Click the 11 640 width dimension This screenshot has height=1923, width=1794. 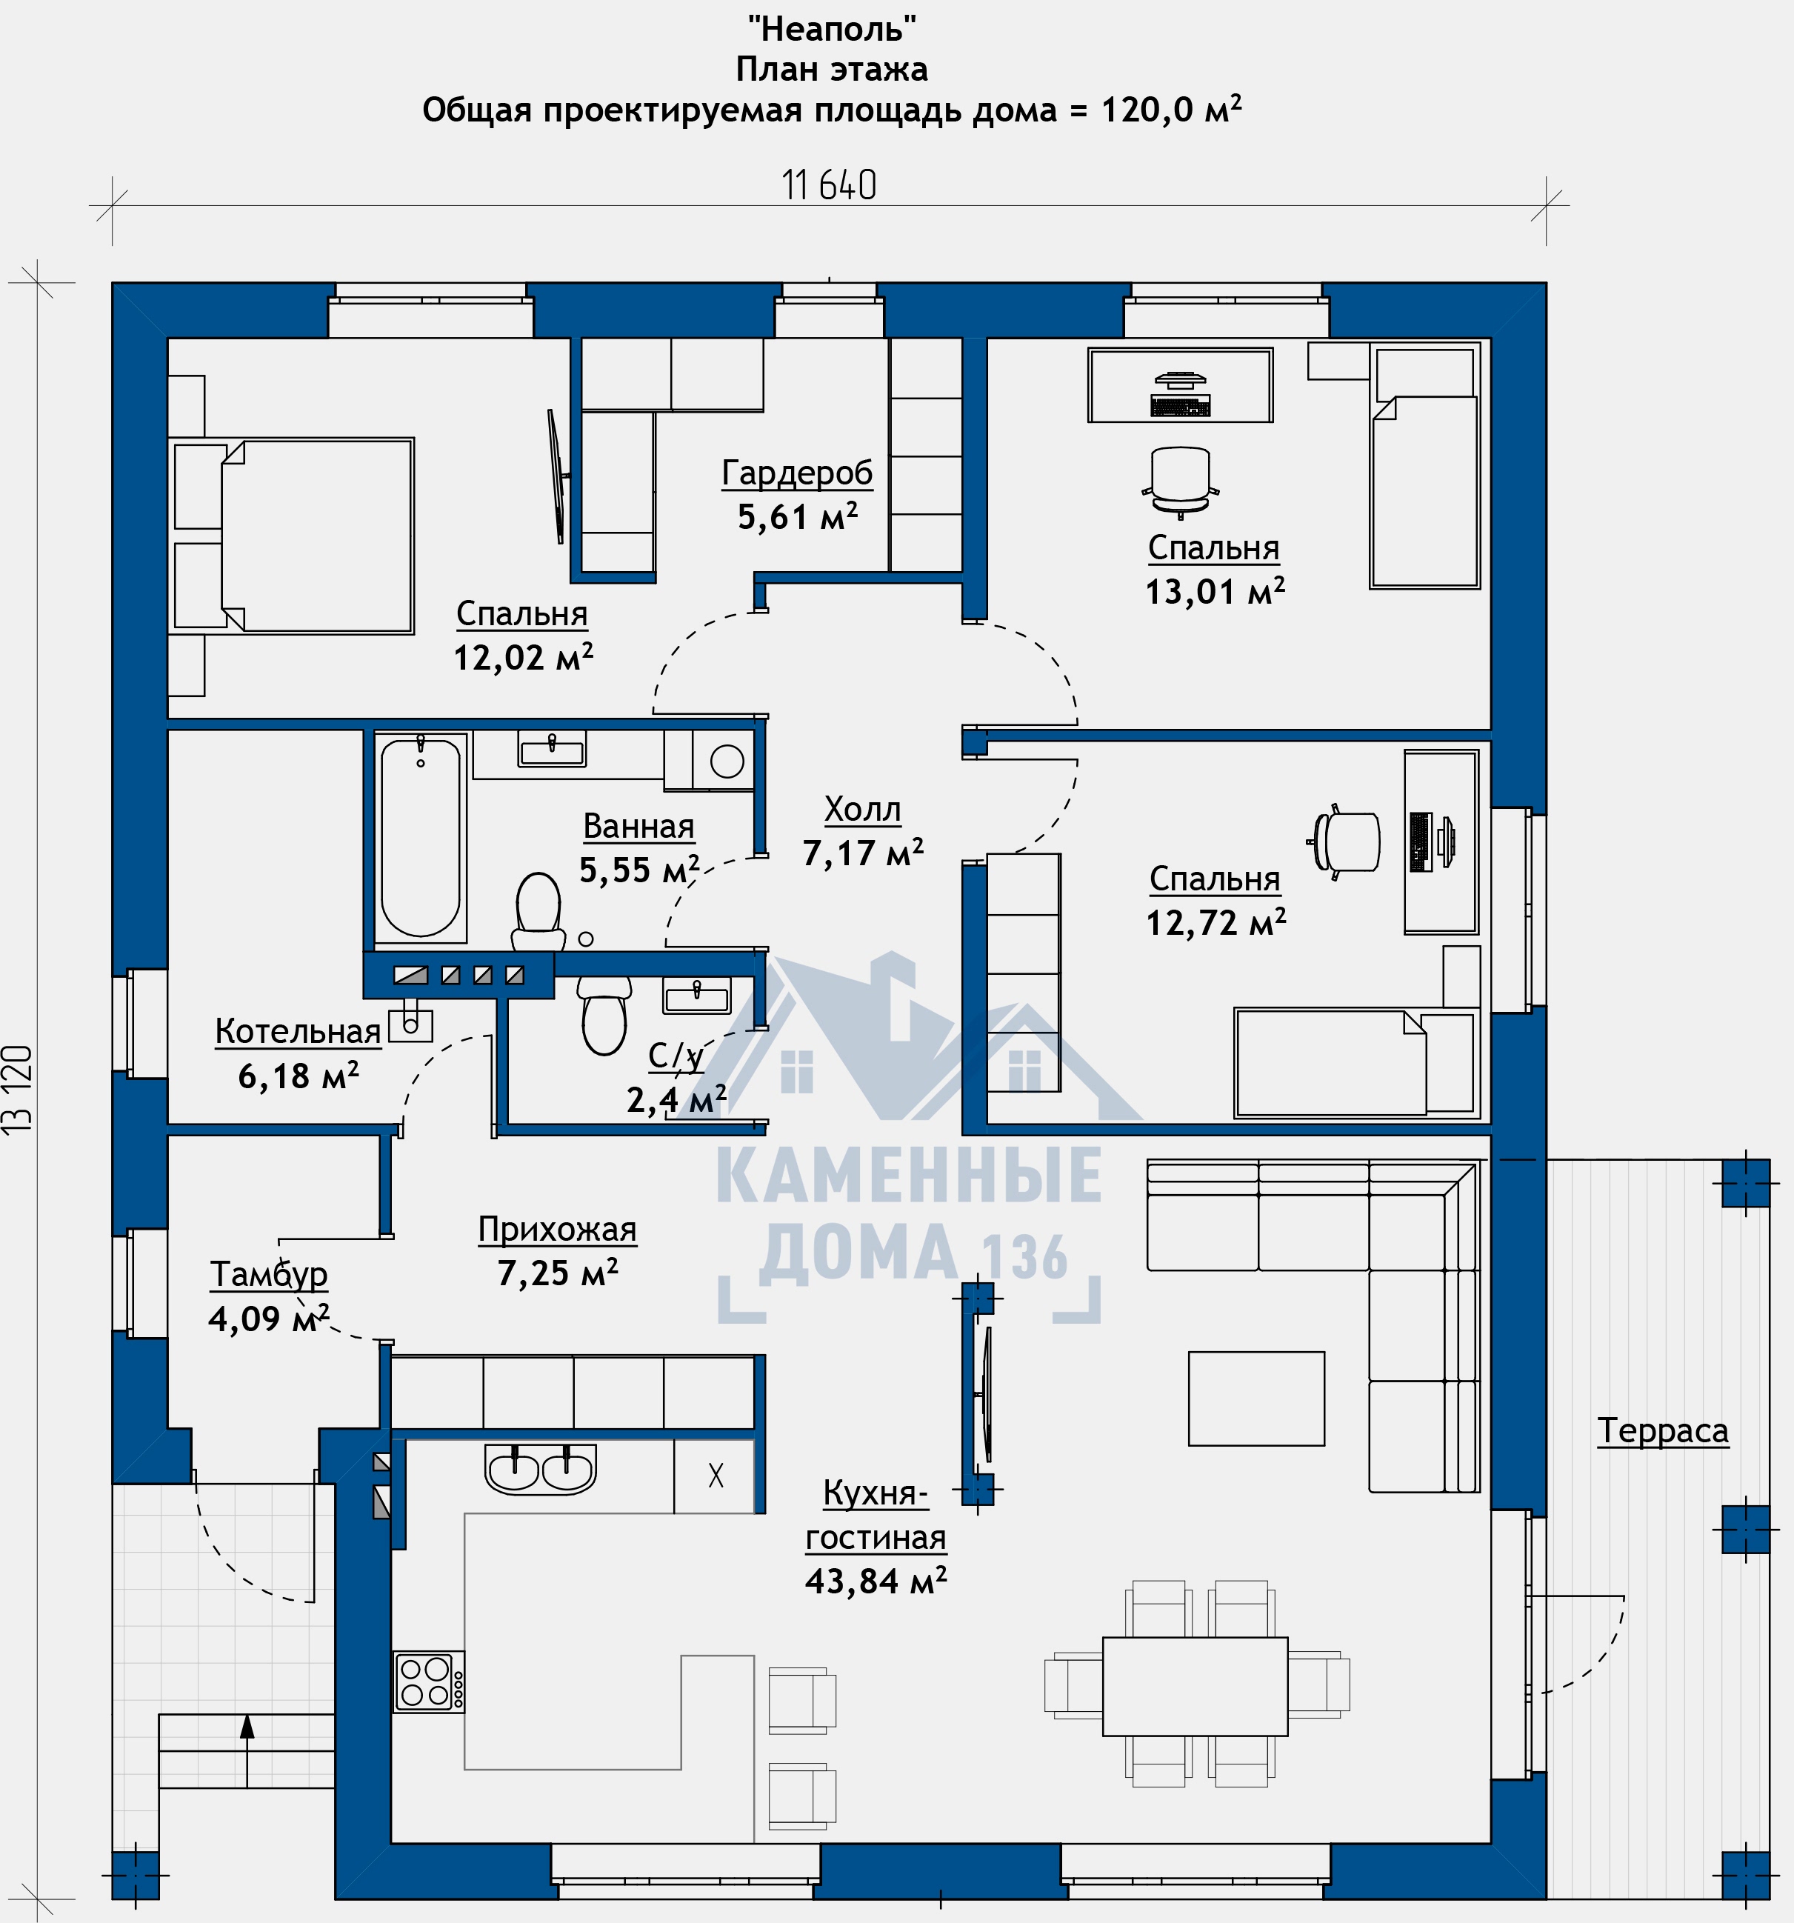pyautogui.click(x=829, y=184)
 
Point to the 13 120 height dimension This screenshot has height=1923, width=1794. pyautogui.click(x=19, y=1089)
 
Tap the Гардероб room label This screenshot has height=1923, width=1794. pyautogui.click(x=797, y=473)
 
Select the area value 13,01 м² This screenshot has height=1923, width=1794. pyautogui.click(x=1215, y=591)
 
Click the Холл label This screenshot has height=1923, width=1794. pyautogui.click(x=863, y=809)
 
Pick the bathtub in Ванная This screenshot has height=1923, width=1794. pyautogui.click(x=421, y=838)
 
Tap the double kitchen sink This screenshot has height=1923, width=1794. pyautogui.click(x=541, y=1470)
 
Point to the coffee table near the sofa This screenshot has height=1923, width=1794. pyautogui.click(x=1256, y=1399)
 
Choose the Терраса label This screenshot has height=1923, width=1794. pyautogui.click(x=1662, y=1430)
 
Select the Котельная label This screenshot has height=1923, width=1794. pyautogui.click(x=298, y=1031)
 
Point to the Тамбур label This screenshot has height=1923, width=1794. pyautogui.click(x=269, y=1275)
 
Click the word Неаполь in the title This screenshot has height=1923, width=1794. pyautogui.click(x=832, y=29)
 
